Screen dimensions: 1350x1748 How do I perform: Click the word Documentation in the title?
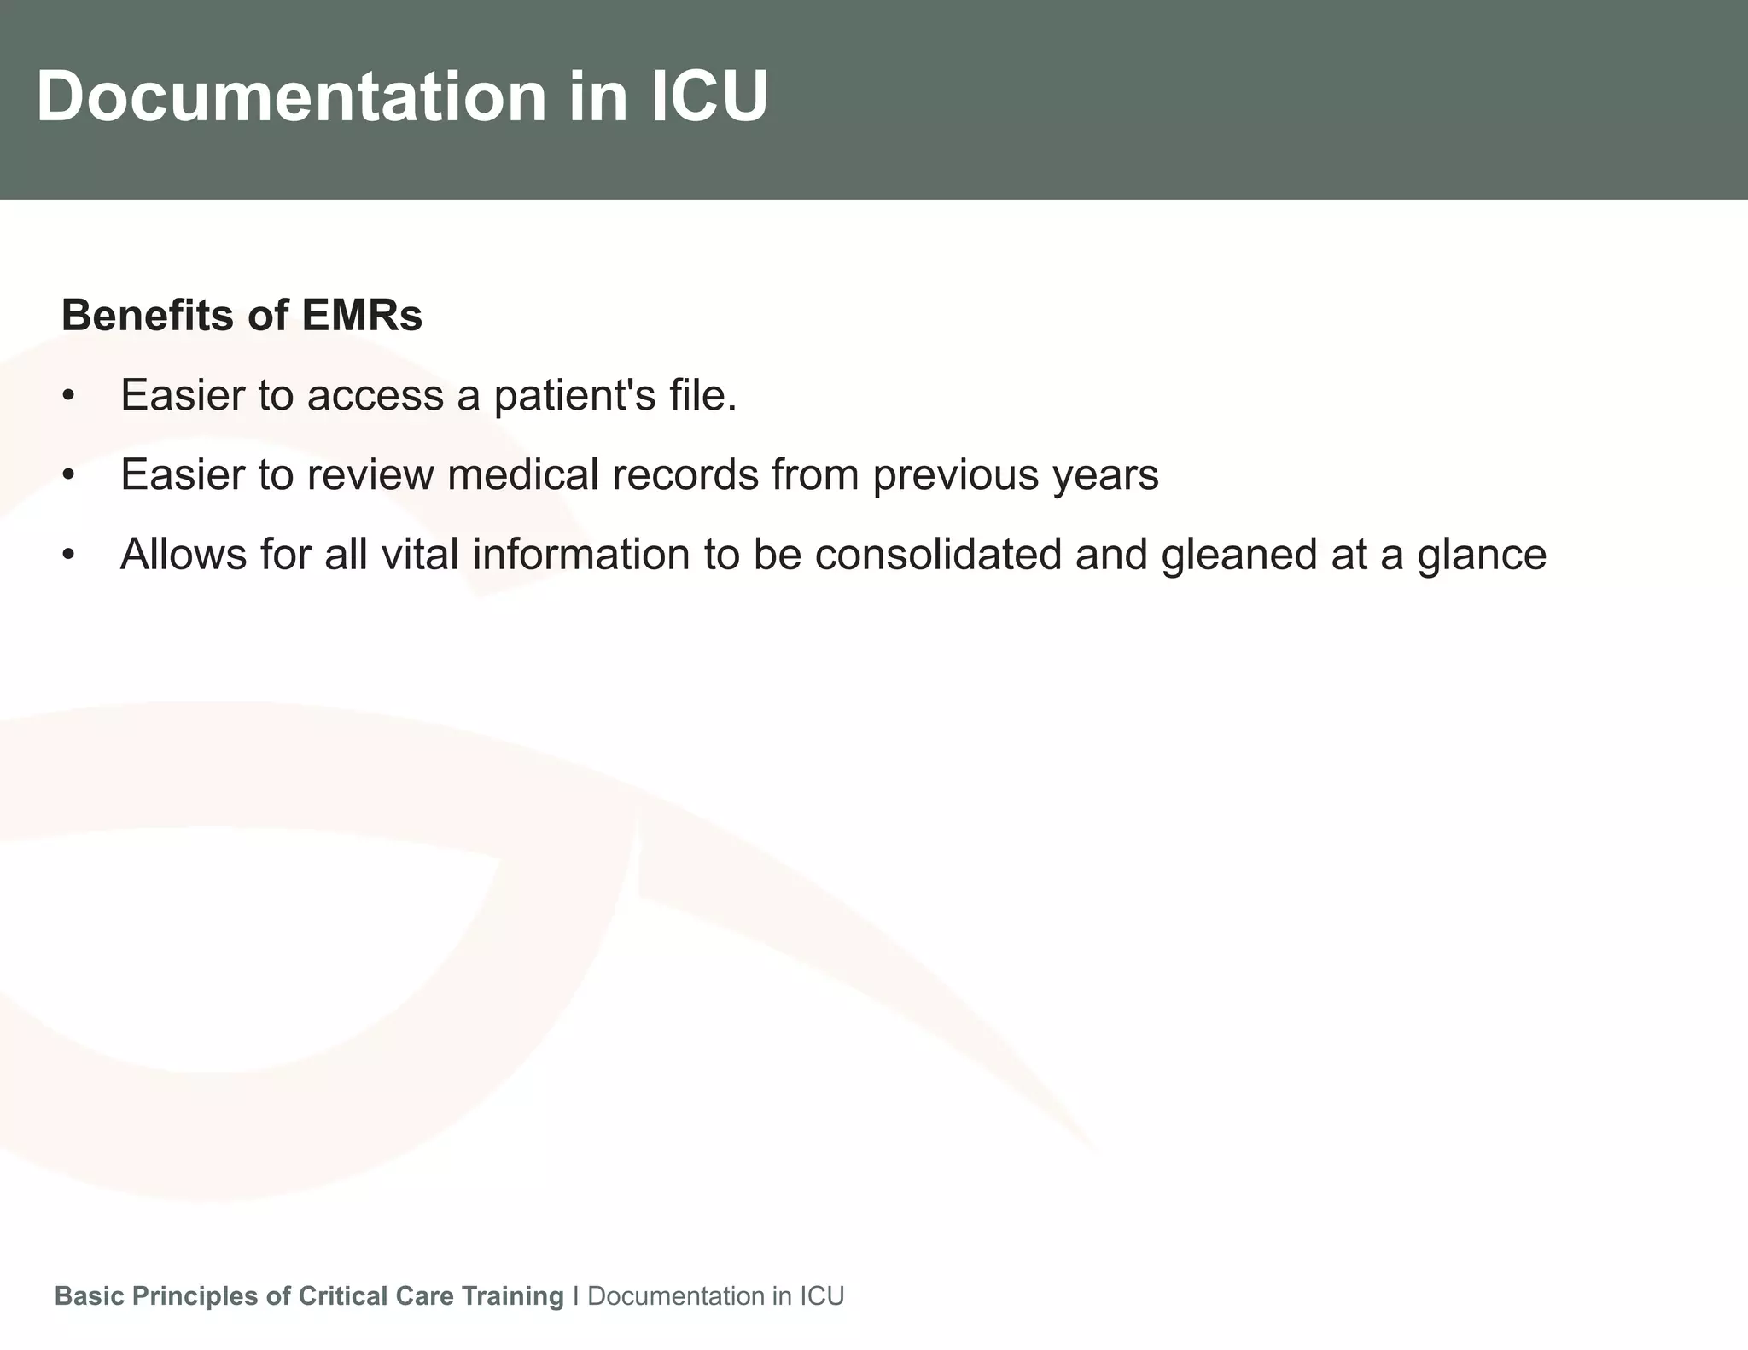pos(290,96)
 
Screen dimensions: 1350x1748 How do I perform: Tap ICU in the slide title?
pos(709,96)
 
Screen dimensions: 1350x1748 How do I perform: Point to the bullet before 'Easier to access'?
pos(69,396)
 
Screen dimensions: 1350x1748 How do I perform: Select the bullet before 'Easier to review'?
pos(69,475)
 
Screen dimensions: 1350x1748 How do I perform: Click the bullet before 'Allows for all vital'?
pos(69,556)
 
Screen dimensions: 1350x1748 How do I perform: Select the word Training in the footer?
pos(512,1296)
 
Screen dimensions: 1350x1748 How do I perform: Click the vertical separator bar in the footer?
pos(576,1296)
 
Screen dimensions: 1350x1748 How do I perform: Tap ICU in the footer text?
pos(821,1296)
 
